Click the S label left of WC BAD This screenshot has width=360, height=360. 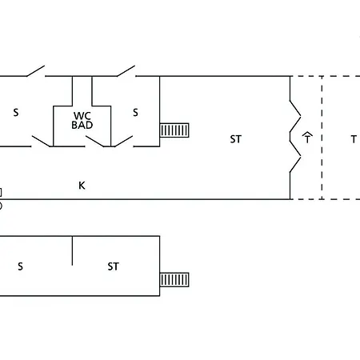(x=16, y=113)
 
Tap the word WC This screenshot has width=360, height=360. (x=82, y=116)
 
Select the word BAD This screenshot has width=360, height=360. (x=82, y=125)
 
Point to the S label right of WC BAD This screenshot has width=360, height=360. (x=135, y=113)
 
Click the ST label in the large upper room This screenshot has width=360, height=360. (x=236, y=139)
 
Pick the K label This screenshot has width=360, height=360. (x=82, y=186)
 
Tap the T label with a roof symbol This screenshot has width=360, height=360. (x=307, y=138)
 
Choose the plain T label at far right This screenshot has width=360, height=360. (x=354, y=139)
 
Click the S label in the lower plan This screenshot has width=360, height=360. (x=20, y=266)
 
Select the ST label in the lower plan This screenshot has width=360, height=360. (x=113, y=266)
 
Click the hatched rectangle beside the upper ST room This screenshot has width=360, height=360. (x=174, y=130)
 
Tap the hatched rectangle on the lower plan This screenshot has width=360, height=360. (x=174, y=279)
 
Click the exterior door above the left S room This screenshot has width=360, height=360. (x=35, y=70)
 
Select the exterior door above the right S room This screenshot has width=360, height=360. (x=126, y=70)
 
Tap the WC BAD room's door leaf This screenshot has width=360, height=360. (x=94, y=142)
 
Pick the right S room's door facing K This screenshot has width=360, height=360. (x=123, y=142)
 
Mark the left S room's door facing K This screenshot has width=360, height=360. (x=41, y=142)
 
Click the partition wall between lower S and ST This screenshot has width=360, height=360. (x=72, y=250)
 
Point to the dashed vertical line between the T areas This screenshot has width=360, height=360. (x=322, y=138)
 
